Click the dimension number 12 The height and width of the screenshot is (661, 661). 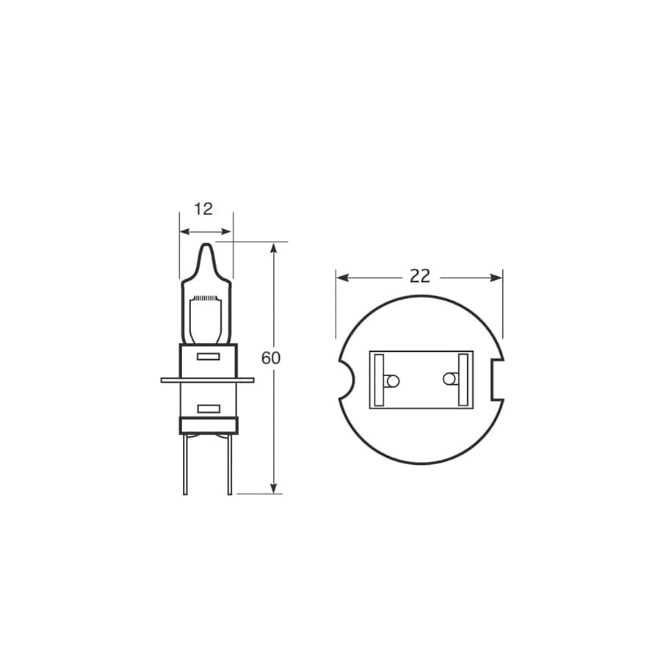(x=203, y=209)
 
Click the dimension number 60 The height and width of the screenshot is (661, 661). (x=271, y=358)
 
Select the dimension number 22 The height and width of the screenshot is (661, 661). (x=419, y=276)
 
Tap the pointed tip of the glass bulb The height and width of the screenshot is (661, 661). (x=206, y=247)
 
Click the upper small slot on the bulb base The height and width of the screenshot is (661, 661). (x=209, y=357)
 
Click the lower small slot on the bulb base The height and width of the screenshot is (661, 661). (x=209, y=408)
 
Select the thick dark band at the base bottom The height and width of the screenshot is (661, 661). (x=209, y=425)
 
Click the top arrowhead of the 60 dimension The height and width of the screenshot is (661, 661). (x=274, y=248)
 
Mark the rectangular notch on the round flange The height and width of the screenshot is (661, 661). (x=497, y=380)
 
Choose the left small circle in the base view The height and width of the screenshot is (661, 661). (x=392, y=380)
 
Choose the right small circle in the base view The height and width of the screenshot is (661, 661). (x=449, y=379)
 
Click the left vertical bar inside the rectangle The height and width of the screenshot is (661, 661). (x=379, y=380)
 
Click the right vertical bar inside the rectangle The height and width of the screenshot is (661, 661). (x=463, y=380)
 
